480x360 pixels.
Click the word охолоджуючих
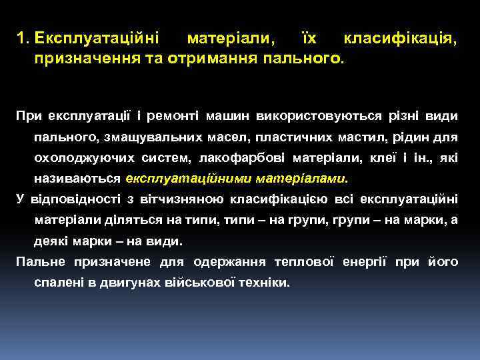pyautogui.click(x=85, y=158)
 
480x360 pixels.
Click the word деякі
pyautogui.click(x=51, y=241)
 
